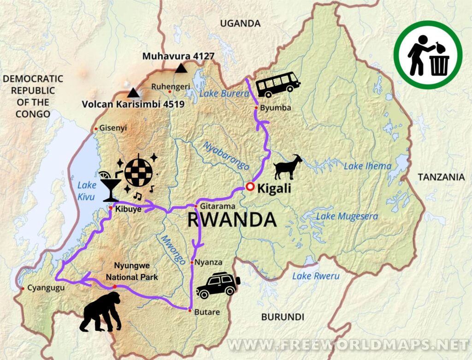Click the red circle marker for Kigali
(250, 187)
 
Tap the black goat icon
(289, 167)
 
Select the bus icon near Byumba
(278, 84)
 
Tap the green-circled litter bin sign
(428, 55)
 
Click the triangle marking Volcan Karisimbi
(134, 93)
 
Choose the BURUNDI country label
(283, 317)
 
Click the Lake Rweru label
(316, 276)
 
